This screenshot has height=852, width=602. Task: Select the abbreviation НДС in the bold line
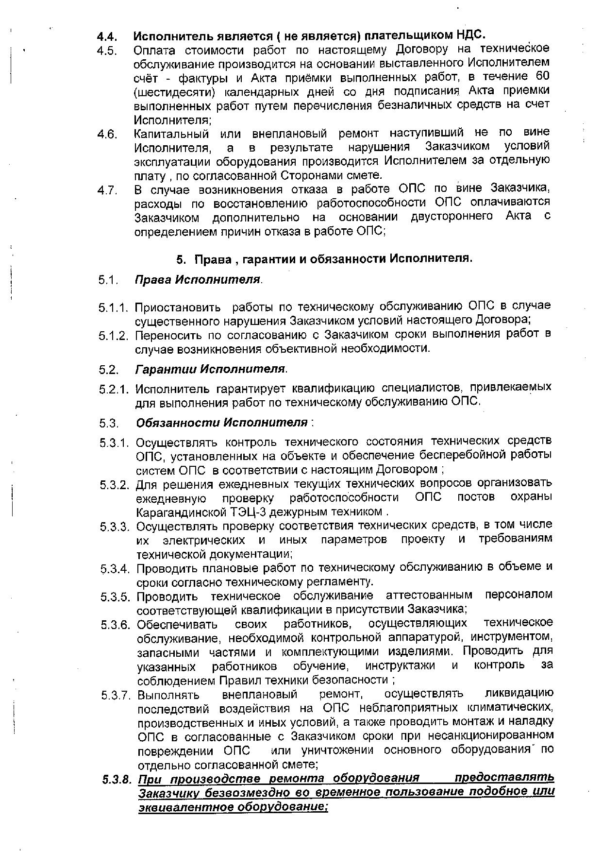[x=470, y=35]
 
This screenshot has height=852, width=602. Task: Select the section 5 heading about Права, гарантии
[x=324, y=258]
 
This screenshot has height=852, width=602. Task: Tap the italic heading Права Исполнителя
[x=198, y=280]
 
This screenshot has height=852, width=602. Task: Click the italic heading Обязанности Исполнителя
[x=222, y=422]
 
